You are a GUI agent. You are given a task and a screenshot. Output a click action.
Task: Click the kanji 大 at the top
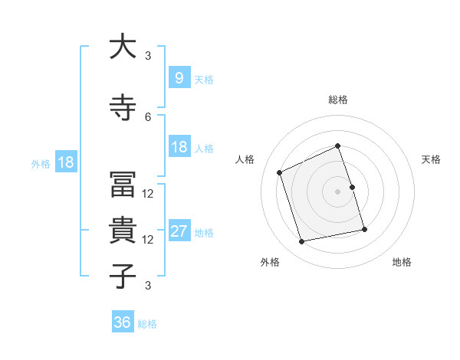[123, 47]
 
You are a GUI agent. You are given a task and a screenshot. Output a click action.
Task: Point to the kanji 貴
[123, 231]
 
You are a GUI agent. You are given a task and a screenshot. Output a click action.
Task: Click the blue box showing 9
[179, 78]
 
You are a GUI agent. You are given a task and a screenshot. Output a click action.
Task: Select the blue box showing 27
[179, 232]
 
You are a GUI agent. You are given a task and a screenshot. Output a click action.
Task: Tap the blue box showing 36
[123, 323]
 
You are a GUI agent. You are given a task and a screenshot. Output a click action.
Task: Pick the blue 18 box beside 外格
[65, 162]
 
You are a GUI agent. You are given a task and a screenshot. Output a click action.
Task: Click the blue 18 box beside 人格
[179, 147]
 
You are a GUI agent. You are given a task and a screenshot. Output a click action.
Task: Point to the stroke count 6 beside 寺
[148, 116]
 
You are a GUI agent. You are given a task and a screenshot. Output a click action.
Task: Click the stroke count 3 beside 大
[148, 55]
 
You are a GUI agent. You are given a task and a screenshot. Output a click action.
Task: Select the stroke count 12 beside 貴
[148, 240]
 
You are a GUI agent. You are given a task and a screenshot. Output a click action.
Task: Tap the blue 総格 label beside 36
[148, 324]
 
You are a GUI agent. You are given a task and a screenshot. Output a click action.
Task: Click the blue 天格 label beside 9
[204, 79]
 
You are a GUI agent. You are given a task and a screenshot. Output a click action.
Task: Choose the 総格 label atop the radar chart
[338, 100]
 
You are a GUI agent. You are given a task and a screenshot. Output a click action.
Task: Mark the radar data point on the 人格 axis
[280, 172]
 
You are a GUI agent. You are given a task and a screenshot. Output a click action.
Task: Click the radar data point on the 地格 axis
[364, 229]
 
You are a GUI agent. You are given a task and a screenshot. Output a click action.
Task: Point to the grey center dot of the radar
[338, 191]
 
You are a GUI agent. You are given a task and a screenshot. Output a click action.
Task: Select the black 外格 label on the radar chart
[270, 263]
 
